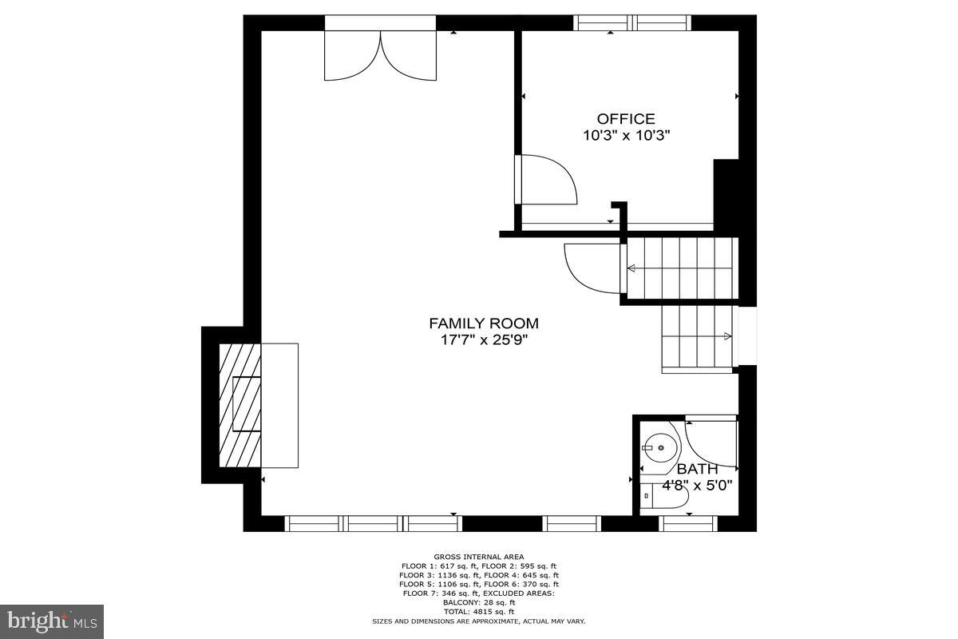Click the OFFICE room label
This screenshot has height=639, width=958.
[x=626, y=119]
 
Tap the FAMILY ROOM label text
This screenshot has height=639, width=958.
[x=484, y=323]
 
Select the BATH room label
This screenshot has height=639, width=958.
[x=697, y=469]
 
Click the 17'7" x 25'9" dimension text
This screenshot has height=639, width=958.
[x=484, y=340]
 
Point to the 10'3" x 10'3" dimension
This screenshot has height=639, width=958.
[x=626, y=136]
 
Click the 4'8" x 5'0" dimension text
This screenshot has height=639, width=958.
[x=697, y=484]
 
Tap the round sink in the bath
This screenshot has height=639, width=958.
[x=661, y=447]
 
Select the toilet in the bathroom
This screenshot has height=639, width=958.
[x=664, y=494]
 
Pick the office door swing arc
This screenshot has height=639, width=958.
[x=549, y=180]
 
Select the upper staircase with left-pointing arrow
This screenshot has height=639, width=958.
[x=680, y=269]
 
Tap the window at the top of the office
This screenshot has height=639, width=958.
[x=632, y=23]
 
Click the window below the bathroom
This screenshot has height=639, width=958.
[x=688, y=523]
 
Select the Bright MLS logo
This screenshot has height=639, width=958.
[x=52, y=621]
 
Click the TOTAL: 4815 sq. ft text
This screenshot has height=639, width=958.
[x=479, y=611]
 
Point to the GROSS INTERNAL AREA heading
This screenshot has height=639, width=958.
[x=479, y=557]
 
